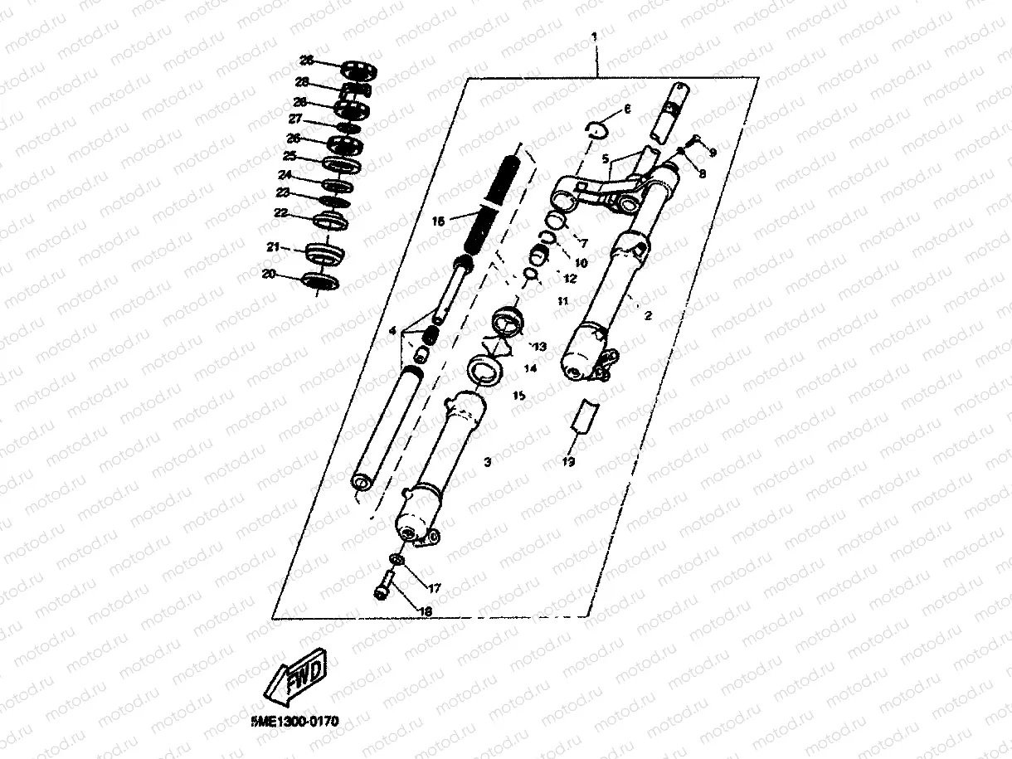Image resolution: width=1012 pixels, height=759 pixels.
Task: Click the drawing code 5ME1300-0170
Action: pos(294,723)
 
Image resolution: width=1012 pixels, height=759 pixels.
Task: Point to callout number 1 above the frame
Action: pos(594,37)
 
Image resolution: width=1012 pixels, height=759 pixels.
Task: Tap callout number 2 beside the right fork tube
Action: pos(648,315)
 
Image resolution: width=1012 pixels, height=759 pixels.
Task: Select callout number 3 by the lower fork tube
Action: pos(488,461)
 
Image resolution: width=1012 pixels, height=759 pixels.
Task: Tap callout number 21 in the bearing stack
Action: pos(273,246)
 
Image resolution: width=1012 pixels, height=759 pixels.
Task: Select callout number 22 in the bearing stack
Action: pos(280,213)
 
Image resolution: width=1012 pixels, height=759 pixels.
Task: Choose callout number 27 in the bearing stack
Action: pos(294,119)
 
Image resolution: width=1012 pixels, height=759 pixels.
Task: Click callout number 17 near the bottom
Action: pos(434,587)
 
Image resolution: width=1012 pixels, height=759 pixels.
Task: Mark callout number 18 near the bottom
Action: pos(426,611)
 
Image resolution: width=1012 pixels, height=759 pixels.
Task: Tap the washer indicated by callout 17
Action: pos(396,562)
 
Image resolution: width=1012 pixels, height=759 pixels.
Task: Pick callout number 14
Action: pos(531,367)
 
